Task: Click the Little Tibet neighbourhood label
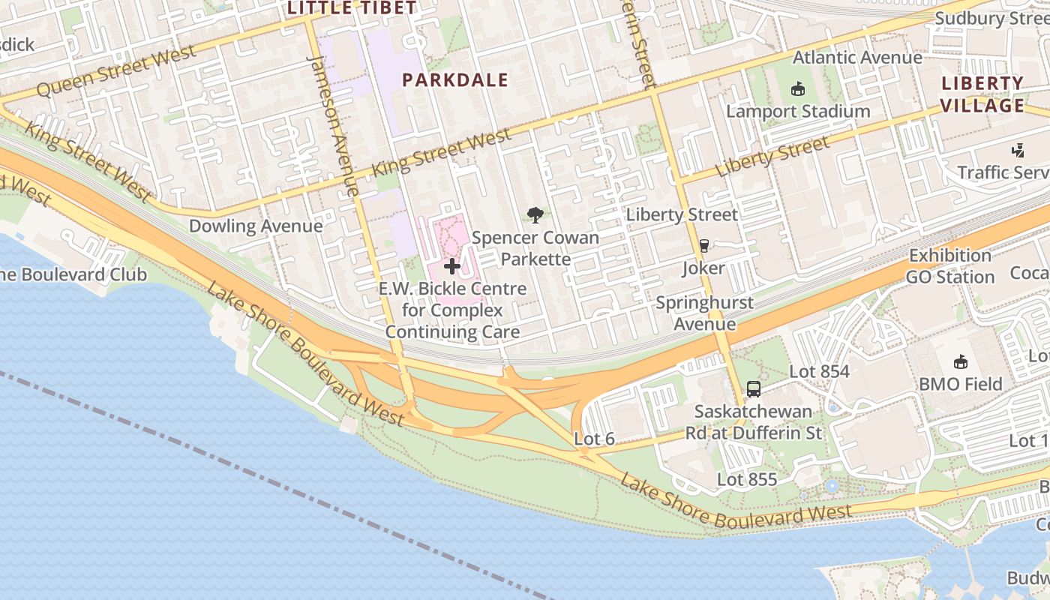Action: (x=352, y=8)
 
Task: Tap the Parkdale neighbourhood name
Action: (x=455, y=80)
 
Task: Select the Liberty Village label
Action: (x=982, y=94)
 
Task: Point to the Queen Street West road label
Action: (x=116, y=71)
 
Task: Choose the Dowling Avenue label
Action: (x=256, y=226)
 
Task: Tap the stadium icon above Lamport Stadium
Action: (x=797, y=88)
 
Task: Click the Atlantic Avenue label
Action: (x=857, y=58)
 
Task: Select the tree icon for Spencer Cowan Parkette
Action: (x=535, y=216)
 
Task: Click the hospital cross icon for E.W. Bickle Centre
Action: (x=452, y=266)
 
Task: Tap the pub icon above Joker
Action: (x=703, y=245)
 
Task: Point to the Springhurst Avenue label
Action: (x=704, y=313)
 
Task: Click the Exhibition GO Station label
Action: (x=950, y=266)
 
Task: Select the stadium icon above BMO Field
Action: (x=960, y=362)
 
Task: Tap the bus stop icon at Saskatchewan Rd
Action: (x=754, y=389)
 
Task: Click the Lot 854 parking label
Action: (x=819, y=372)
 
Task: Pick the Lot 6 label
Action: (x=595, y=439)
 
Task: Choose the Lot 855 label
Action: (x=747, y=479)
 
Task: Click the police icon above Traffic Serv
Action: (x=1018, y=151)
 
